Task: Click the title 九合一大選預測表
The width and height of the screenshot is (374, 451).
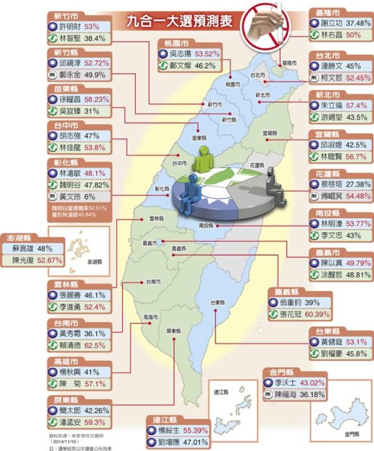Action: click(x=166, y=21)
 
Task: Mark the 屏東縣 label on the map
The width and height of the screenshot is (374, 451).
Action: click(x=172, y=331)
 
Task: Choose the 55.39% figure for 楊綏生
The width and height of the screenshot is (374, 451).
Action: click(x=190, y=430)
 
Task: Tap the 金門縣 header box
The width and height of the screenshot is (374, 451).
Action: click(x=280, y=371)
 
